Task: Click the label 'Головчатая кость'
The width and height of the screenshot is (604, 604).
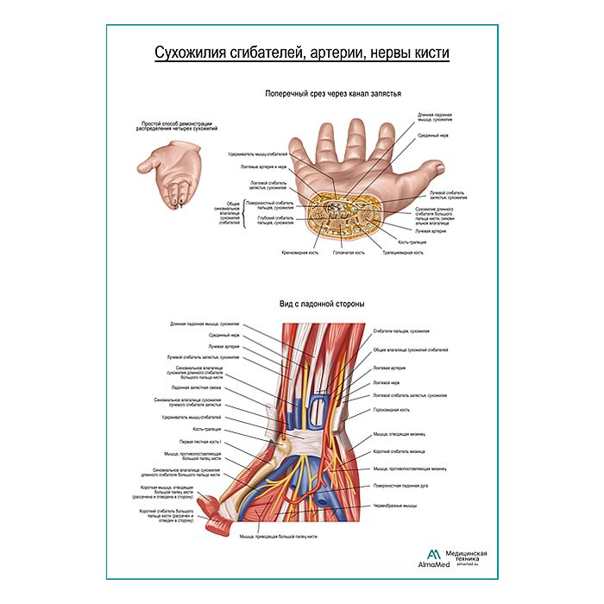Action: (349, 253)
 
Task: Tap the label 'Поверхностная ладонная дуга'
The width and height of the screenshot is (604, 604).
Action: (398, 487)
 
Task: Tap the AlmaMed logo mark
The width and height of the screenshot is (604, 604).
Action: (432, 554)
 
